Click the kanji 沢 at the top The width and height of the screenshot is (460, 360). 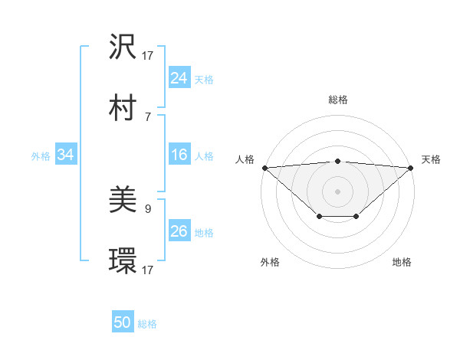[x=123, y=47]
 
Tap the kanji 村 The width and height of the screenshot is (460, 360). [x=123, y=108]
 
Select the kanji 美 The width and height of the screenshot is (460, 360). [x=123, y=201]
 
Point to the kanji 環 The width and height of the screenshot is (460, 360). [x=123, y=261]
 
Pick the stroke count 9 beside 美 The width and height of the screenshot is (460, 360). [x=147, y=208]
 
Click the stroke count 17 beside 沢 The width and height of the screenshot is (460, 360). [x=148, y=55]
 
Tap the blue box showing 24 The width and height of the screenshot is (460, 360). [x=179, y=78]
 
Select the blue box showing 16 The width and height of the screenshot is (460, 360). [x=179, y=155]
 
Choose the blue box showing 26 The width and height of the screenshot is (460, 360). [x=179, y=231]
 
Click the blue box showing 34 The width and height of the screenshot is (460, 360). [x=66, y=155]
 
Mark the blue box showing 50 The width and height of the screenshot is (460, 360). [x=123, y=323]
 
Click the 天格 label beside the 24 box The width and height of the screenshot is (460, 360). [x=204, y=79]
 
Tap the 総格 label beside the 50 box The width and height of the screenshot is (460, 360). [x=147, y=324]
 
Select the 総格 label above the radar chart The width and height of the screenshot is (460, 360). [x=338, y=100]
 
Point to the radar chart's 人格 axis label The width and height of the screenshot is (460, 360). [x=245, y=159]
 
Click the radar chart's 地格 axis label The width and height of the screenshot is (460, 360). [x=402, y=262]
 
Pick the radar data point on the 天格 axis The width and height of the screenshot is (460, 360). [x=412, y=168]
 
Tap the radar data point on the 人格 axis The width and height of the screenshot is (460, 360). [x=264, y=168]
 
